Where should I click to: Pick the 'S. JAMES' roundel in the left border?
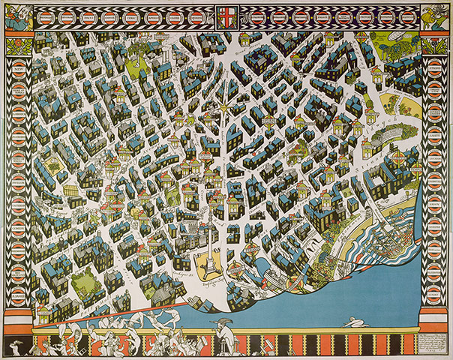coord(18,299)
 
